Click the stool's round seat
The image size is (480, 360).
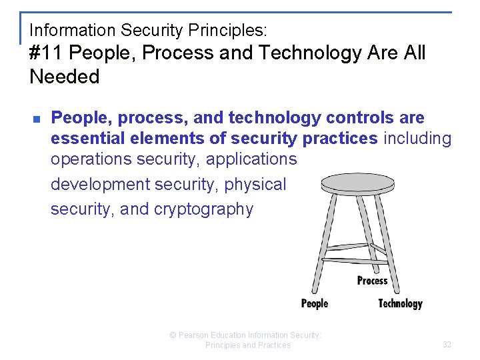(x=357, y=181)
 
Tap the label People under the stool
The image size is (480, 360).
(x=315, y=303)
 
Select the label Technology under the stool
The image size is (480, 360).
(x=400, y=303)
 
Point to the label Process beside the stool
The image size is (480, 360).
(x=372, y=280)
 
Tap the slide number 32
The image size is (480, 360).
(x=447, y=345)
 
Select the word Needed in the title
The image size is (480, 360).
(x=64, y=77)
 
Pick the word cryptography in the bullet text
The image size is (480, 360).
(x=204, y=209)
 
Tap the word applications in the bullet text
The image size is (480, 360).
(x=251, y=159)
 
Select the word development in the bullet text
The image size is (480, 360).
(x=100, y=184)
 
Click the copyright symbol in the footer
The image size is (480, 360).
(x=173, y=335)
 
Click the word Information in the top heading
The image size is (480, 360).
(x=73, y=30)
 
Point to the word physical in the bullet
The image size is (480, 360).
(x=257, y=184)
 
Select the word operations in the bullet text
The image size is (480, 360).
(x=91, y=159)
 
